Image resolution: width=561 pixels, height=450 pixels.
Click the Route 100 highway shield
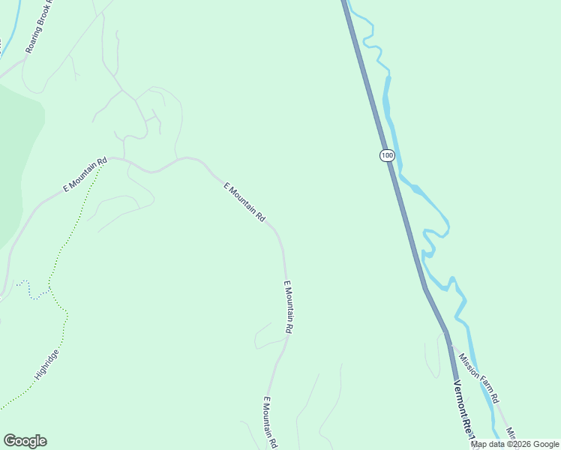(386, 155)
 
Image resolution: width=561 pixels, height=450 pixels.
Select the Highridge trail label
(46, 364)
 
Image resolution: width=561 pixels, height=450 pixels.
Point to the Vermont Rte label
(466, 409)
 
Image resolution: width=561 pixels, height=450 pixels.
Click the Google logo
(25, 441)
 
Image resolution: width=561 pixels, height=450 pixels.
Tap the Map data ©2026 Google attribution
(514, 444)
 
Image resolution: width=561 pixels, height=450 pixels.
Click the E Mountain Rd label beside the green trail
(85, 175)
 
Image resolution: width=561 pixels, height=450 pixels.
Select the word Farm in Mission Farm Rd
(480, 379)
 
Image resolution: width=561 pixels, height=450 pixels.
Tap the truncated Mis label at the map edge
(510, 433)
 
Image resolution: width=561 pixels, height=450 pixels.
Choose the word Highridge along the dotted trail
(46, 364)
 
